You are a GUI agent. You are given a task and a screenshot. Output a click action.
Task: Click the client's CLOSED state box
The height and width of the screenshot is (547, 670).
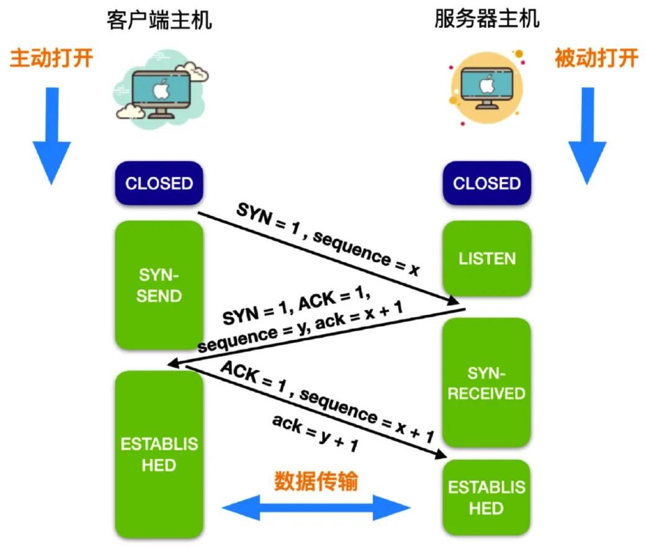tap(159, 184)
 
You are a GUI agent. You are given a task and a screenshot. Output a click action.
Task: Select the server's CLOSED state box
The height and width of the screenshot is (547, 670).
tap(486, 184)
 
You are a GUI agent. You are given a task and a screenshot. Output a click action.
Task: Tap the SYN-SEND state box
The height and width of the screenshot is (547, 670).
tap(159, 285)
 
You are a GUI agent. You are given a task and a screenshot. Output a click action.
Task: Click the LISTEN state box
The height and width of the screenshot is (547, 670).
tap(486, 259)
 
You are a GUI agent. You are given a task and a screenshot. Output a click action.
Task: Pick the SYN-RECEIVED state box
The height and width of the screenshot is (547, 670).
tap(486, 383)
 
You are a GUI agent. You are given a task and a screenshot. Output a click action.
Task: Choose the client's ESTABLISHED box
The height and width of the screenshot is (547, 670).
tap(159, 454)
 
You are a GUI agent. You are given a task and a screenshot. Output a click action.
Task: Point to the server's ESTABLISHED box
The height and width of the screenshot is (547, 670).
tap(486, 497)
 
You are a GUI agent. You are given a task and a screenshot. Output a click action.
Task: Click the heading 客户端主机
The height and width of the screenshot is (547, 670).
tap(159, 20)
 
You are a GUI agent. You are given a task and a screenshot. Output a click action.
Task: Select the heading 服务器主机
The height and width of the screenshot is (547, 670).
tap(486, 20)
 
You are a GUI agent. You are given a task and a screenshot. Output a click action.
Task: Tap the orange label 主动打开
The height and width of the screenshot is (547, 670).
tap(51, 58)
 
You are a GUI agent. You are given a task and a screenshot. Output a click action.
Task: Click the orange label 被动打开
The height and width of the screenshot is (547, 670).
tap(596, 58)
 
